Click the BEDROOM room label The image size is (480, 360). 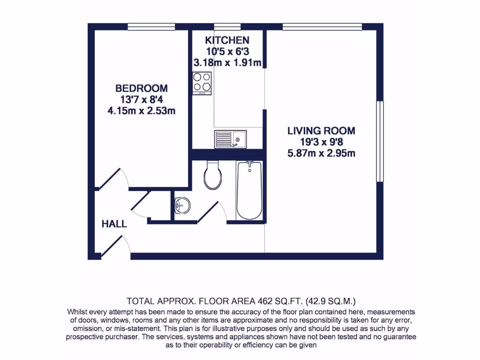coord(142,88)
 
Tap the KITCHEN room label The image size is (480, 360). coord(227,40)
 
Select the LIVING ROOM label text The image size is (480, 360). coord(321,131)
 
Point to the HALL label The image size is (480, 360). coord(114,224)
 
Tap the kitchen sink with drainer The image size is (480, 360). coord(230,139)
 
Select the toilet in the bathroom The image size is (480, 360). coord(213,175)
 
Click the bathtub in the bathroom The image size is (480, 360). coord(250,190)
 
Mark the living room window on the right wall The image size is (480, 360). coord(380,141)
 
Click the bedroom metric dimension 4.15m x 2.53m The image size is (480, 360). coord(142,111)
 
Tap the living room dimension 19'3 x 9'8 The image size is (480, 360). coord(321,142)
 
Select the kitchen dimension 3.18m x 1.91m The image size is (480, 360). coord(227,62)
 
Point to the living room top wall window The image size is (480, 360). coord(322,27)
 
